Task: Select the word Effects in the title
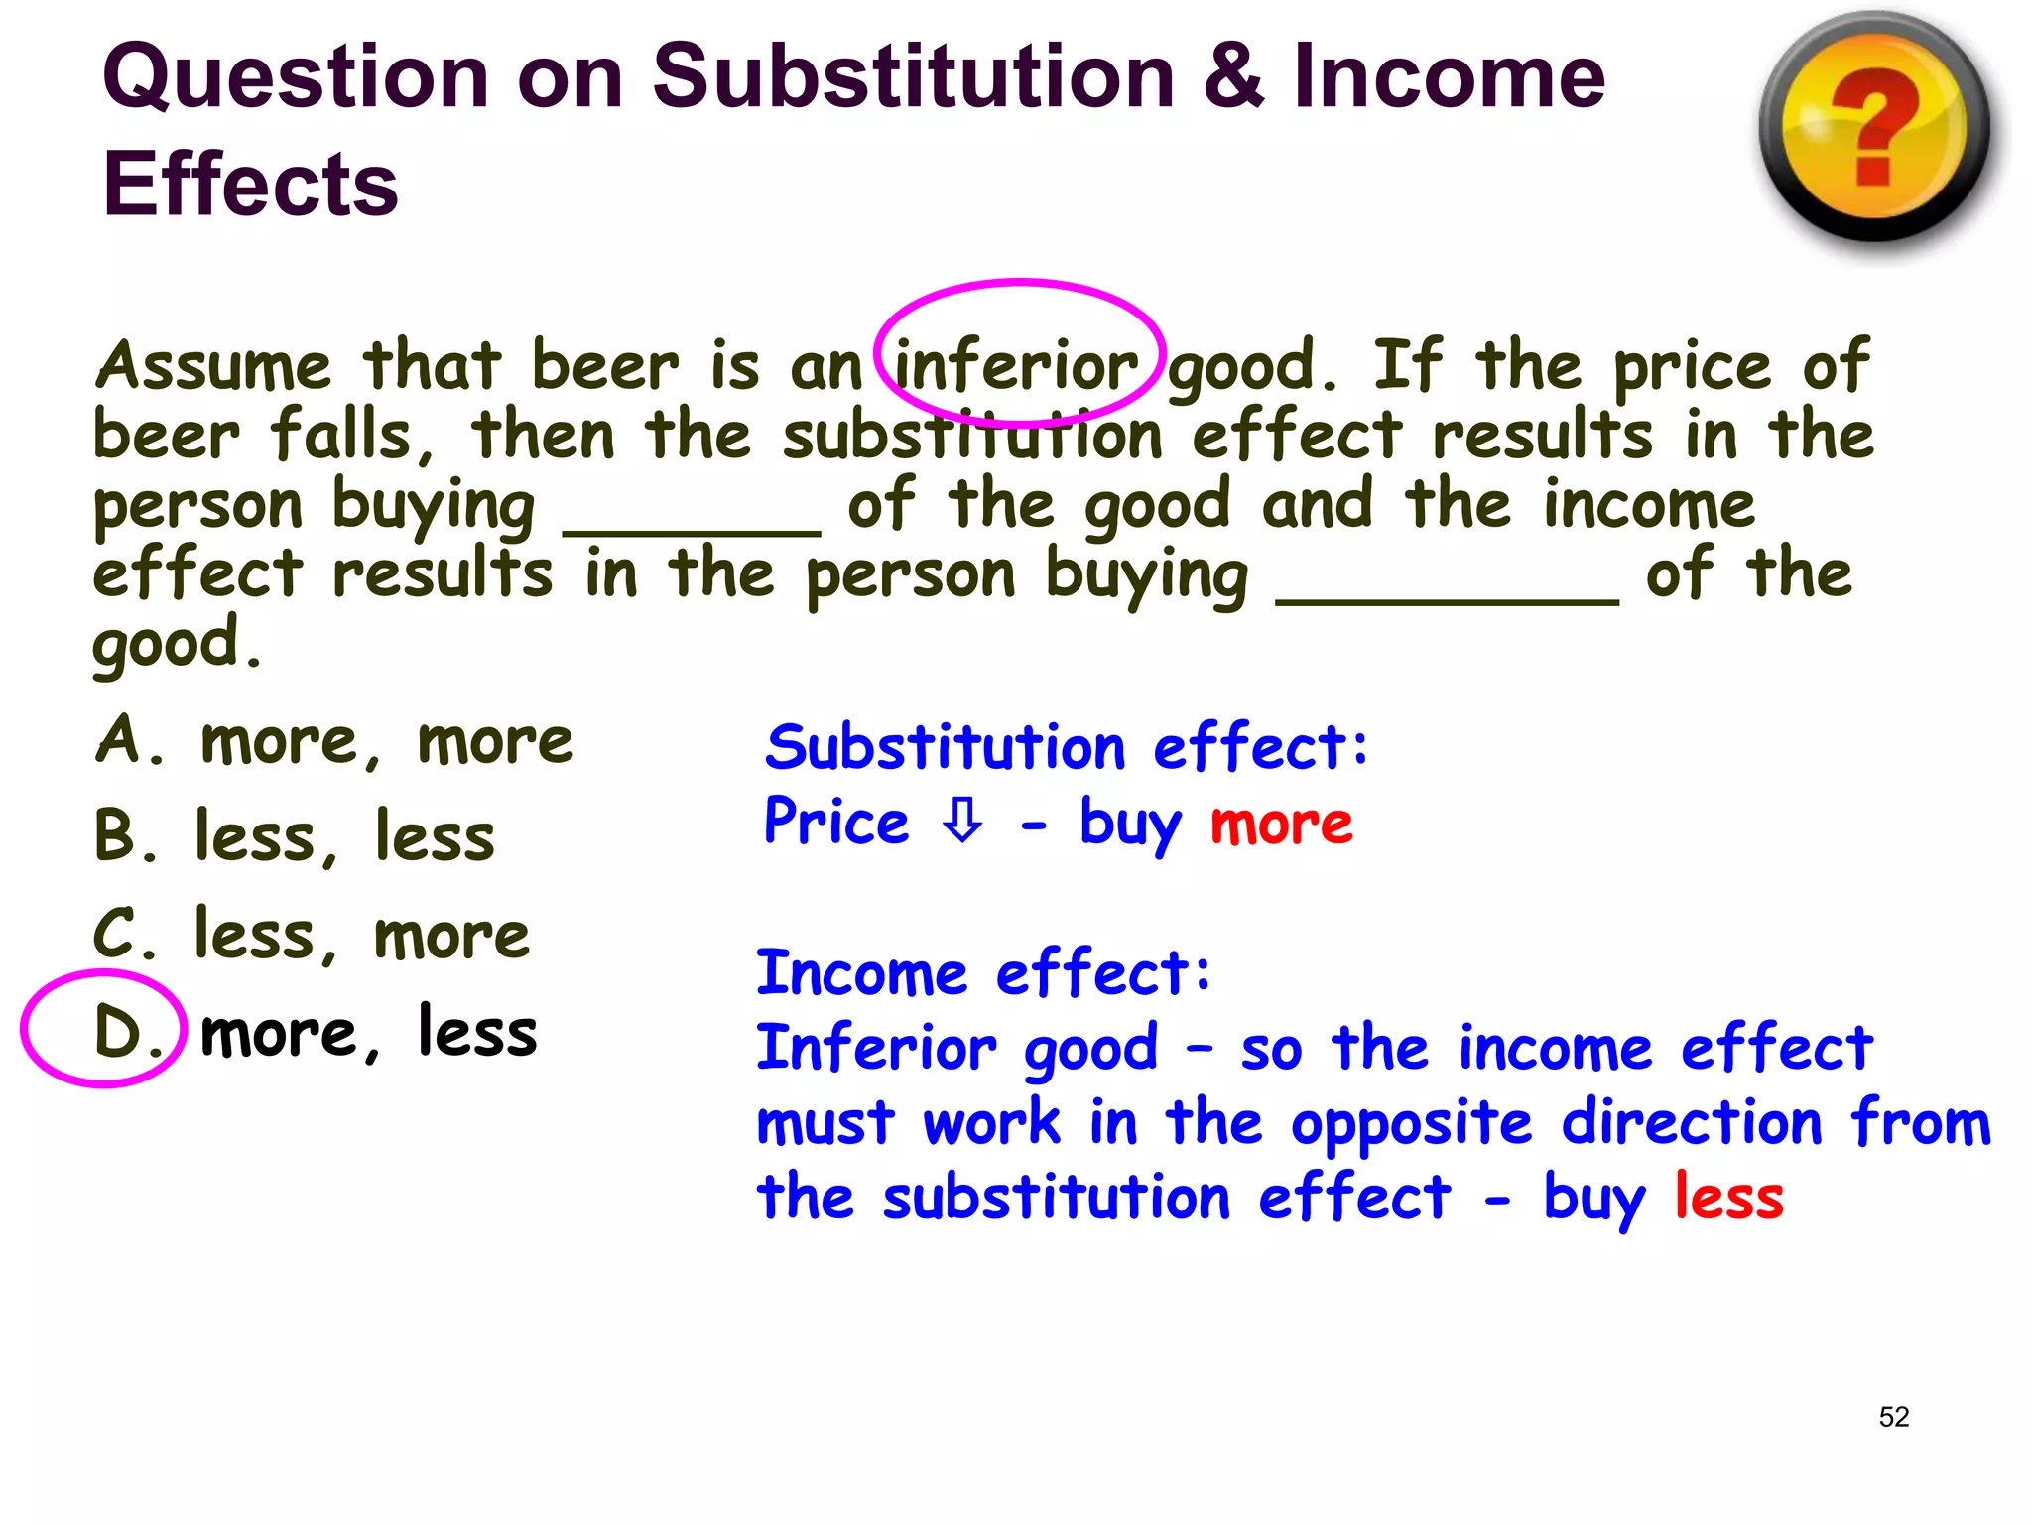tap(250, 185)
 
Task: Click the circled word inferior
tap(1017, 365)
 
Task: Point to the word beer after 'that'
tap(605, 365)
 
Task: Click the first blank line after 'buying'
tap(692, 531)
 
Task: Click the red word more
tap(1281, 824)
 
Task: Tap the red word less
tap(1728, 1197)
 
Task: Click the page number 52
tap(1893, 1416)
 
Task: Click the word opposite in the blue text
tap(1412, 1124)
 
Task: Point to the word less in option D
tap(477, 1032)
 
